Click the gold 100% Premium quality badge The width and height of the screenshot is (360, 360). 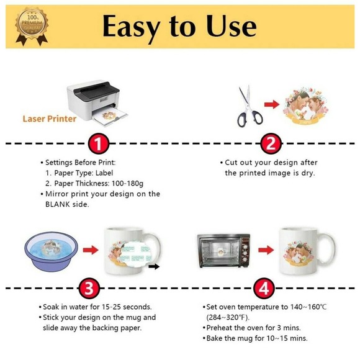[32, 26]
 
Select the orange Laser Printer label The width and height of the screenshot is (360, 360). [50, 119]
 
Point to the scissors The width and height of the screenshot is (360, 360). [249, 107]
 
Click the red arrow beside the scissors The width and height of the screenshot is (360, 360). [272, 104]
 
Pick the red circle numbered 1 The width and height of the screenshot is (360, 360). [98, 143]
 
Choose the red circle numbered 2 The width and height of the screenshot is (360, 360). [271, 143]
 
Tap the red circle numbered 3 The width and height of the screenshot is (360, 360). [89, 288]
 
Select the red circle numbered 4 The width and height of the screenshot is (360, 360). [264, 288]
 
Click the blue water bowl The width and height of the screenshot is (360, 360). [52, 251]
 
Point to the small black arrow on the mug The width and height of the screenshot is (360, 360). [154, 266]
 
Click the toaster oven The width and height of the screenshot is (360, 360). [223, 251]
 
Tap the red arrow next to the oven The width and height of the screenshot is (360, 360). [266, 250]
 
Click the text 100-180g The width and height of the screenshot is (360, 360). [127, 184]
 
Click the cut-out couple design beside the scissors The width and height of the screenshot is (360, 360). [306, 106]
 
